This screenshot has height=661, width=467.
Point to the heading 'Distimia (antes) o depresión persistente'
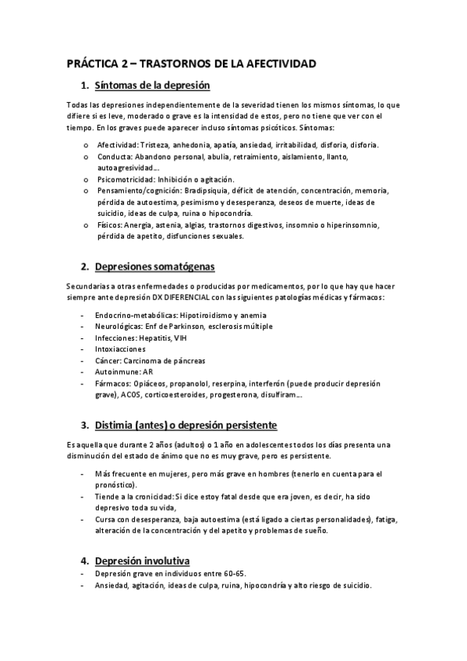point(186,426)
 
